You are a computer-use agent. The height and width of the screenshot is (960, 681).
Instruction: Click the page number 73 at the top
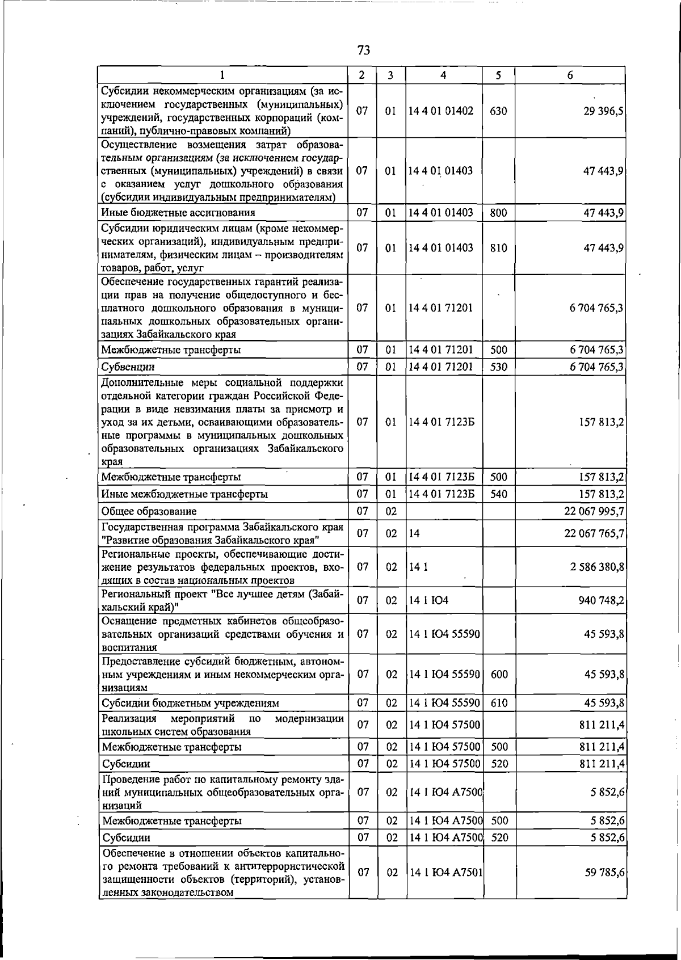(364, 50)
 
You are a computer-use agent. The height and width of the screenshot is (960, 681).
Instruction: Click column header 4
(443, 75)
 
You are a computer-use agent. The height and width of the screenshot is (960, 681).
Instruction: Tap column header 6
(570, 75)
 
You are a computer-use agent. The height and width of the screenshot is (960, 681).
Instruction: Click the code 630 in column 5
(498, 111)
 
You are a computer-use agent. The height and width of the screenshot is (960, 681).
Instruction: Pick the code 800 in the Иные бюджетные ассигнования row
(498, 213)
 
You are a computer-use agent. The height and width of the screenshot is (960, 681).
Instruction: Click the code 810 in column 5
(498, 248)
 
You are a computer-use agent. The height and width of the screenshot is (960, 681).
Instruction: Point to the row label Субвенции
(128, 367)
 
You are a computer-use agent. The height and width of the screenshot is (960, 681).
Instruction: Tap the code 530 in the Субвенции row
(498, 367)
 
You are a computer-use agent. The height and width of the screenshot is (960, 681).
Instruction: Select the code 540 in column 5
(498, 494)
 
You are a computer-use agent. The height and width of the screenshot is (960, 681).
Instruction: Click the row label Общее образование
(149, 512)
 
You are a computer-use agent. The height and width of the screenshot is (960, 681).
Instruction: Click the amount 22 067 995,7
(594, 512)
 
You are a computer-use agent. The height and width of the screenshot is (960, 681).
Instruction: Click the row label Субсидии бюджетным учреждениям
(190, 704)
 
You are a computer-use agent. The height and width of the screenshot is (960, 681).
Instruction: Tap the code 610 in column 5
(499, 704)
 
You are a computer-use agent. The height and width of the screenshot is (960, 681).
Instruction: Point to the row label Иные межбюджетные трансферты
(184, 494)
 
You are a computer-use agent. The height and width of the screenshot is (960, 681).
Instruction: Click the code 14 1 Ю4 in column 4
(428, 600)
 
